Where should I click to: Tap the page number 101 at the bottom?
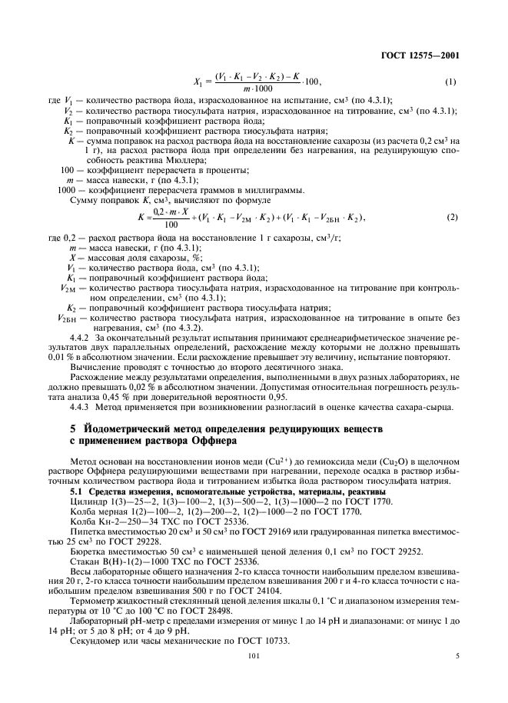pyautogui.click(x=254, y=656)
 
